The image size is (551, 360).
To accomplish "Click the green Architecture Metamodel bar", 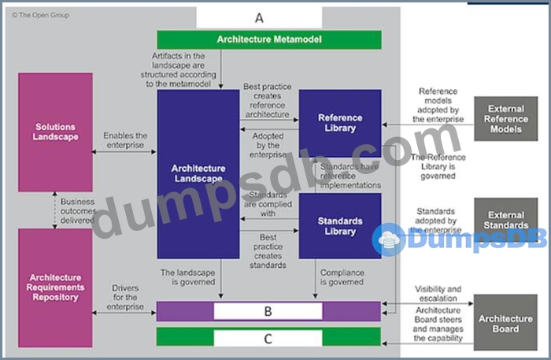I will point(269,39).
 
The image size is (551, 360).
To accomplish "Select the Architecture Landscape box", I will point(198,173).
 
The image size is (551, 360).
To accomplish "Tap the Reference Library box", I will point(340,123).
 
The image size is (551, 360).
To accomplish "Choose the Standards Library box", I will point(340,226).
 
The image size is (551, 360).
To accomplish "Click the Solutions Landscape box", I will point(55,132).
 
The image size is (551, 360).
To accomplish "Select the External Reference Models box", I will point(505,119).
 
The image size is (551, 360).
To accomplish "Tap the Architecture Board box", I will point(505,324).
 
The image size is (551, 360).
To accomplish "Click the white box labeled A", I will point(259,17).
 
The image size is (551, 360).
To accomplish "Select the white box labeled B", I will point(268,311).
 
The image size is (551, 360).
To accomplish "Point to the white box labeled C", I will point(268,338).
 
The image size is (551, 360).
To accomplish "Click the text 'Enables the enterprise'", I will point(125,141).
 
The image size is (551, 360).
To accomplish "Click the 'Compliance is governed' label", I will point(342,276).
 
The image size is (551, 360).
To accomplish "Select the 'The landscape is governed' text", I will point(189,276).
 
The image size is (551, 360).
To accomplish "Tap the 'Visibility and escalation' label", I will point(438,294).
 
